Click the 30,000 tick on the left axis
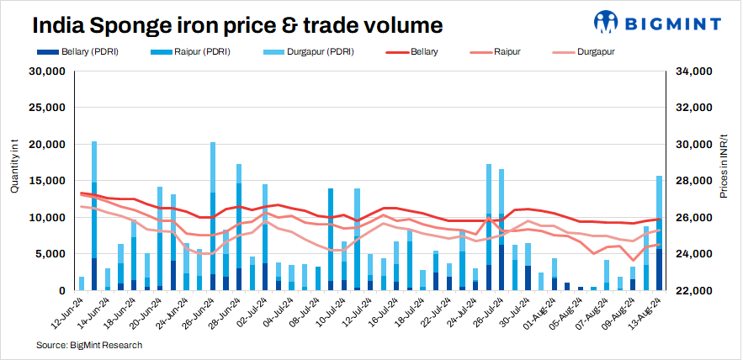pyautogui.click(x=49, y=71)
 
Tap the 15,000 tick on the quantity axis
pyautogui.click(x=49, y=181)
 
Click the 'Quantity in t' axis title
pyautogui.click(x=14, y=168)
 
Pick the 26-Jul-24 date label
pyautogui.click(x=488, y=312)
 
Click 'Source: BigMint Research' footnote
pyautogui.click(x=89, y=345)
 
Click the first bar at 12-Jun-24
pyautogui.click(x=82, y=283)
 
